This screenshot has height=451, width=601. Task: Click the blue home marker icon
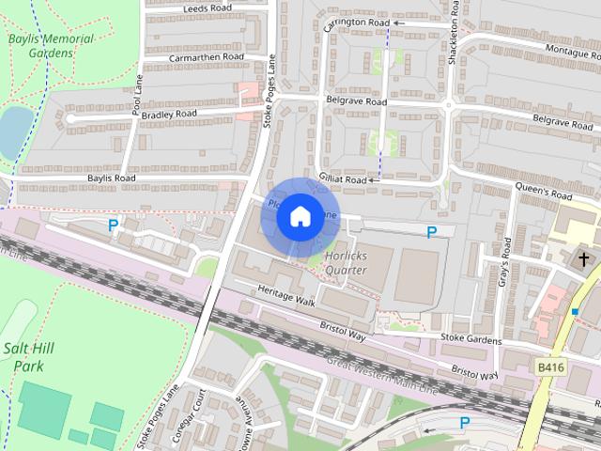pyautogui.click(x=300, y=217)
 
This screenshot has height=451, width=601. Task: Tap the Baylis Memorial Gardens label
pyautogui.click(x=51, y=46)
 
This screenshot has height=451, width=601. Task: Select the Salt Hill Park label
pyautogui.click(x=29, y=356)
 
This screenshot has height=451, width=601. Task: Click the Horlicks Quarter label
pyautogui.click(x=345, y=262)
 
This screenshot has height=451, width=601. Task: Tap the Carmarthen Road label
pyautogui.click(x=206, y=57)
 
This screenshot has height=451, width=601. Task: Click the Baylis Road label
pyautogui.click(x=112, y=178)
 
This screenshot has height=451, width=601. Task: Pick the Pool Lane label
pyautogui.click(x=138, y=95)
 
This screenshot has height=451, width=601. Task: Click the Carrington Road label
pyautogui.click(x=357, y=23)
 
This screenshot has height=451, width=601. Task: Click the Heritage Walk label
pyautogui.click(x=286, y=296)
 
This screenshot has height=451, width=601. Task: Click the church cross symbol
pyautogui.click(x=583, y=257)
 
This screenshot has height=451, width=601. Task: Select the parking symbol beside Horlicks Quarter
pyautogui.click(x=431, y=232)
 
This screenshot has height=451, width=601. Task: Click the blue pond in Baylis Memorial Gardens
pyautogui.click(x=13, y=132)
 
